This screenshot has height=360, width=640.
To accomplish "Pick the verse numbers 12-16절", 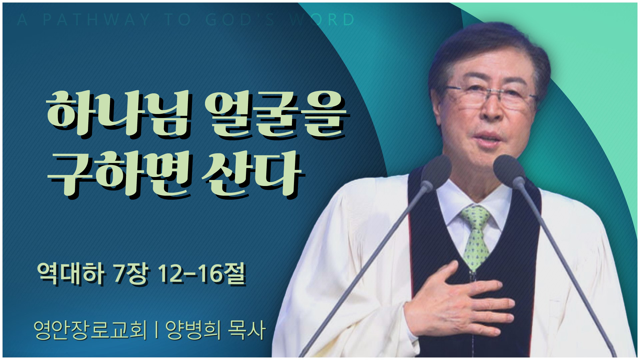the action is [x=202, y=274].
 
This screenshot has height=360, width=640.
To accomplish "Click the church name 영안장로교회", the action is [x=90, y=330].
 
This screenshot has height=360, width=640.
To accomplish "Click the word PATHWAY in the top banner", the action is [x=96, y=20].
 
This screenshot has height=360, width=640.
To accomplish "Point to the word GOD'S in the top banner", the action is [x=240, y=20].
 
